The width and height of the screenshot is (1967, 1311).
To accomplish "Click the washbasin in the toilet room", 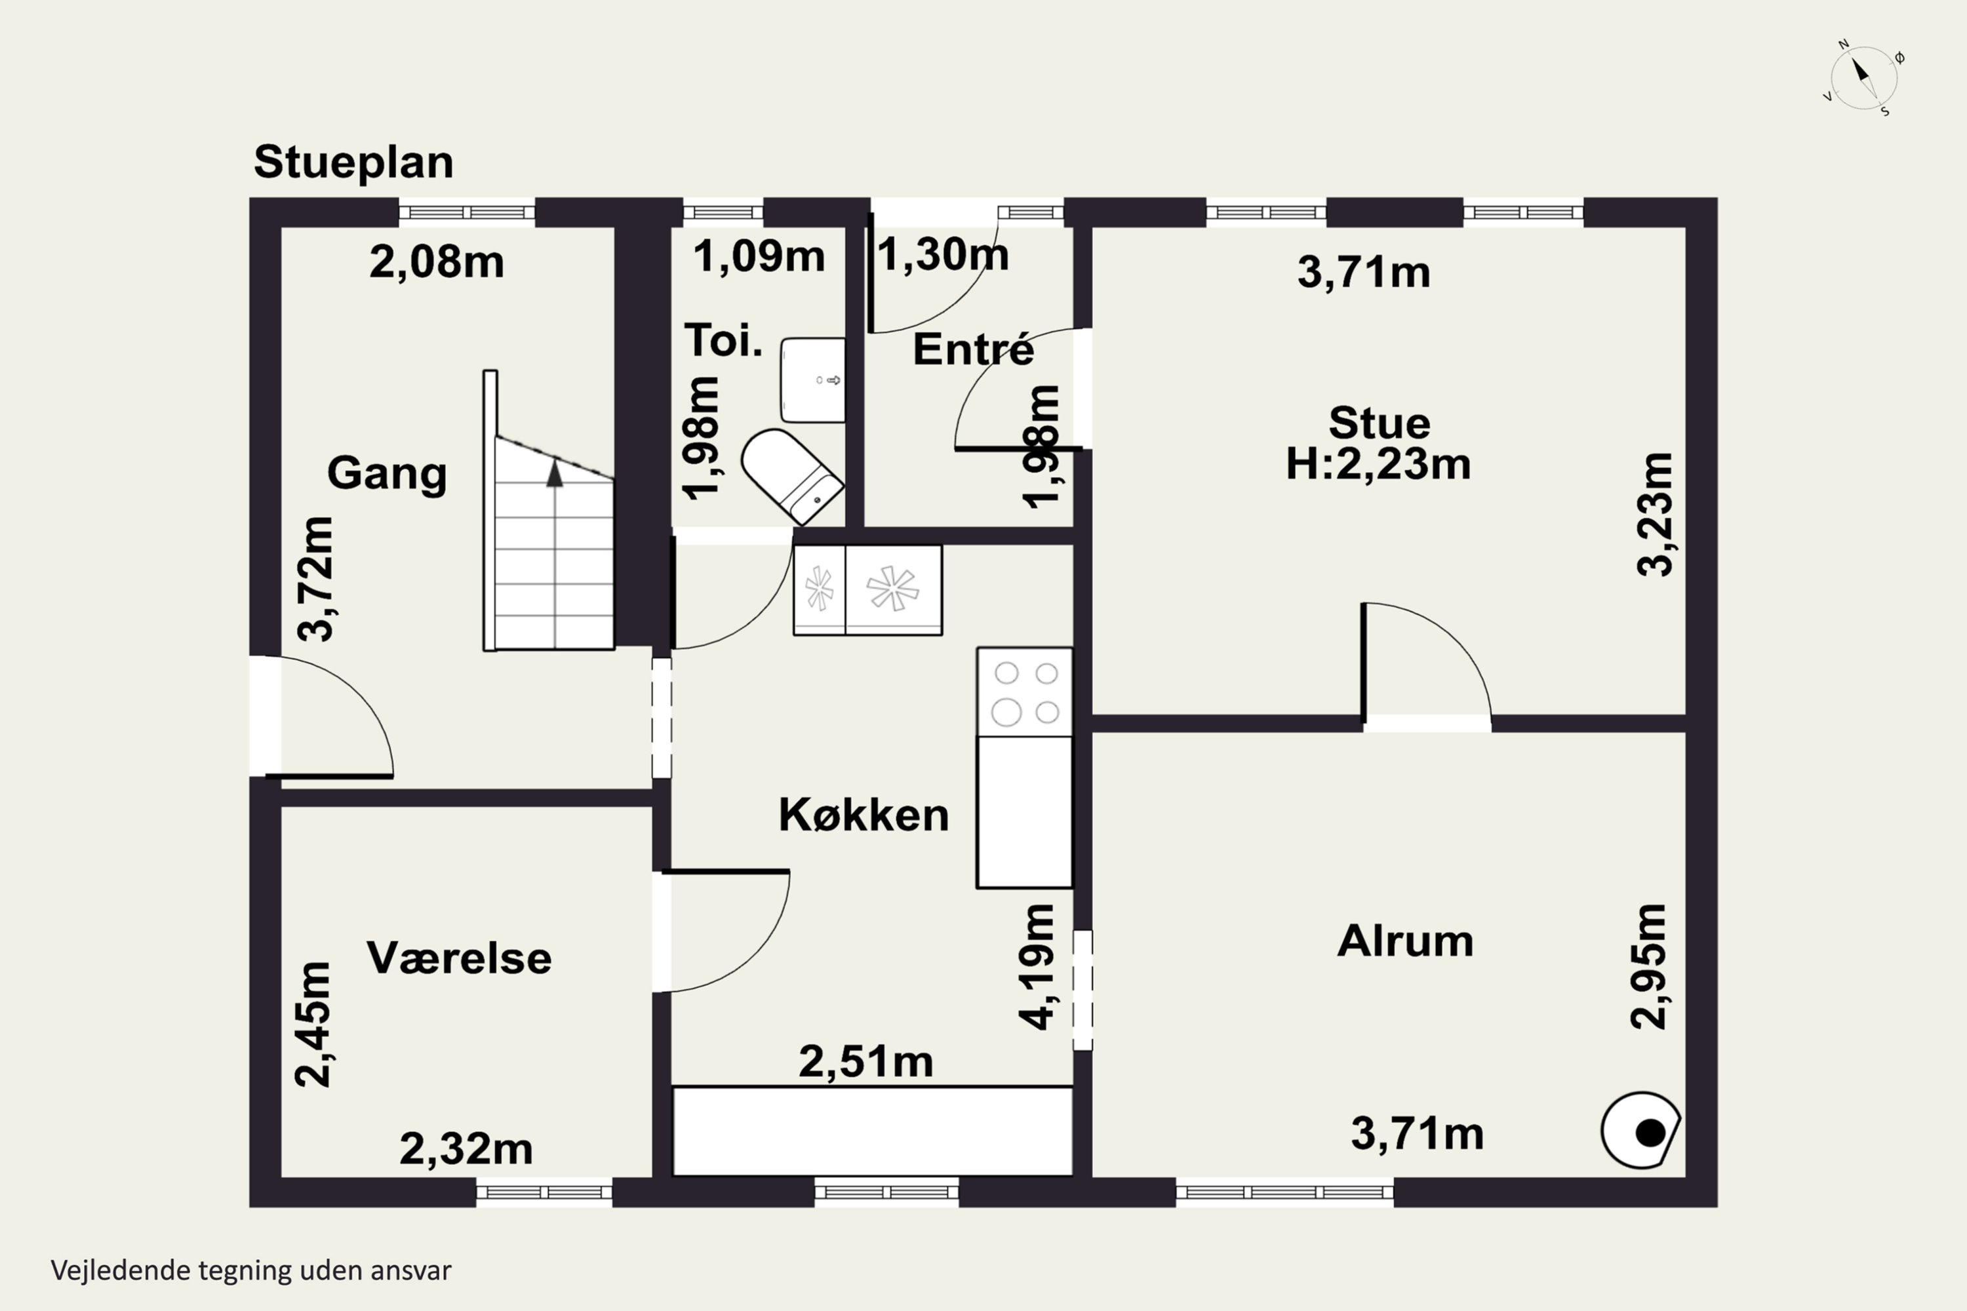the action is (812, 380).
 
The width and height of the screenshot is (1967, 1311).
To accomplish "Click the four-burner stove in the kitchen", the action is (1024, 692).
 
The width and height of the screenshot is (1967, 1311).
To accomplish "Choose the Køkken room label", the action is (864, 815).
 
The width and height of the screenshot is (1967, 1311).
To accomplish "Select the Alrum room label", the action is (1405, 941).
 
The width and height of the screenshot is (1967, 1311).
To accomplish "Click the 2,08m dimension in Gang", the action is (437, 263).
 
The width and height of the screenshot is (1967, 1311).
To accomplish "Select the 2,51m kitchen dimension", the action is (865, 1062).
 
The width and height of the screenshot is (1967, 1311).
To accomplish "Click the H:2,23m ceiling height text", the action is (1378, 464).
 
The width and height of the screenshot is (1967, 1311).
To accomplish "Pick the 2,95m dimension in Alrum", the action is (1649, 966).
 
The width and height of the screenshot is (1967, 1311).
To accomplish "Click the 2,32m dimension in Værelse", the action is (466, 1149).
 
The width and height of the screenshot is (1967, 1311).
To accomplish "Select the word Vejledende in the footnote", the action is (121, 1271).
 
